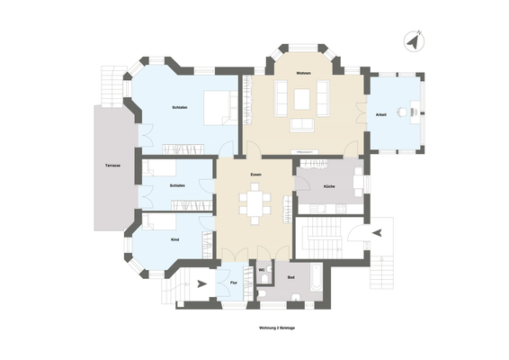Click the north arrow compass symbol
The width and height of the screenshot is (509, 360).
tap(413, 41)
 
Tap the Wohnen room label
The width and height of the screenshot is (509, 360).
tap(303, 73)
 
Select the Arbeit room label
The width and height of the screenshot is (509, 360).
tap(381, 115)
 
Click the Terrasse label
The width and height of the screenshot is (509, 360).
tap(112, 166)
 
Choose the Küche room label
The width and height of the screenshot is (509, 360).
tap(330, 185)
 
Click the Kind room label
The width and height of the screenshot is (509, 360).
tap(174, 239)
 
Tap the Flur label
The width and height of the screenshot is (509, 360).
tap(234, 283)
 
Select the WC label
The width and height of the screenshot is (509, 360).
tap(261, 270)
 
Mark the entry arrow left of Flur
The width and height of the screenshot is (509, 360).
tap(201, 283)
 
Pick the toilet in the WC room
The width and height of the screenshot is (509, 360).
tap(260, 292)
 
